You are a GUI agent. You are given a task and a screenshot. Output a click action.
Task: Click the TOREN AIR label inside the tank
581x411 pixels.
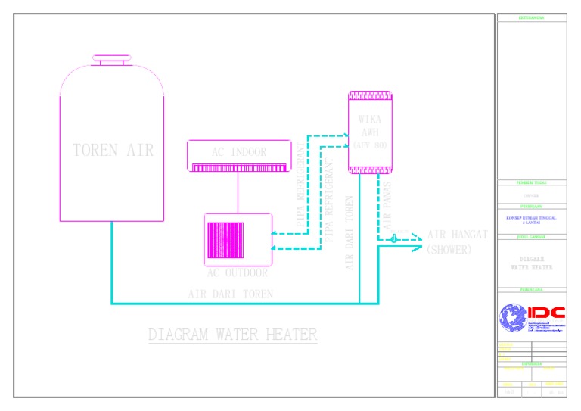[113, 150]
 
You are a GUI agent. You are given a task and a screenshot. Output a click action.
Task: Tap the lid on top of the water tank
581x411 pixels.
[113, 59]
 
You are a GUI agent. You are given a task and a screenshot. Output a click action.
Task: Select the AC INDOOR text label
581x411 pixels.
[239, 152]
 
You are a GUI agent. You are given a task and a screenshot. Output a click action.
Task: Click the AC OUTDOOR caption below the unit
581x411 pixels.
[238, 273]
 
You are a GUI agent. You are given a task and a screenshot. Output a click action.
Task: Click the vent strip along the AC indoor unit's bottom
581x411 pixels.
[239, 168]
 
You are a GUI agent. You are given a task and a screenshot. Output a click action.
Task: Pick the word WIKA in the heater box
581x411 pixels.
[370, 120]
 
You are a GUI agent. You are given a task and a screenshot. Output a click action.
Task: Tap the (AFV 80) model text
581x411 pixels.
[370, 145]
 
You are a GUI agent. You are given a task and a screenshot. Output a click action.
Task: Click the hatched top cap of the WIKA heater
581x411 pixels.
[370, 96]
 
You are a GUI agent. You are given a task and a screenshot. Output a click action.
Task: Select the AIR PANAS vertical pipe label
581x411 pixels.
[387, 206]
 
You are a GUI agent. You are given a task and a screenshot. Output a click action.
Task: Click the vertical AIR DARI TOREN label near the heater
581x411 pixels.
[350, 227]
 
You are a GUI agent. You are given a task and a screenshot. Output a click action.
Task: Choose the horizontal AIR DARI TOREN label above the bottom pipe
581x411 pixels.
[230, 294]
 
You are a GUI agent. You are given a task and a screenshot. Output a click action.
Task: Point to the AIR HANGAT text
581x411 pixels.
[458, 235]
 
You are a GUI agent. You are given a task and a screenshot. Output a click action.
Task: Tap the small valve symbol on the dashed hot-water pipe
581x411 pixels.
[393, 238]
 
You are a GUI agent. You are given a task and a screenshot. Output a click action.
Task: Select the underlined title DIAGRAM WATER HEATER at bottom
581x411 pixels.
[232, 335]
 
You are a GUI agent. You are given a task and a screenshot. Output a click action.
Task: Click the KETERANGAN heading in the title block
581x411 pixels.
[532, 17]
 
